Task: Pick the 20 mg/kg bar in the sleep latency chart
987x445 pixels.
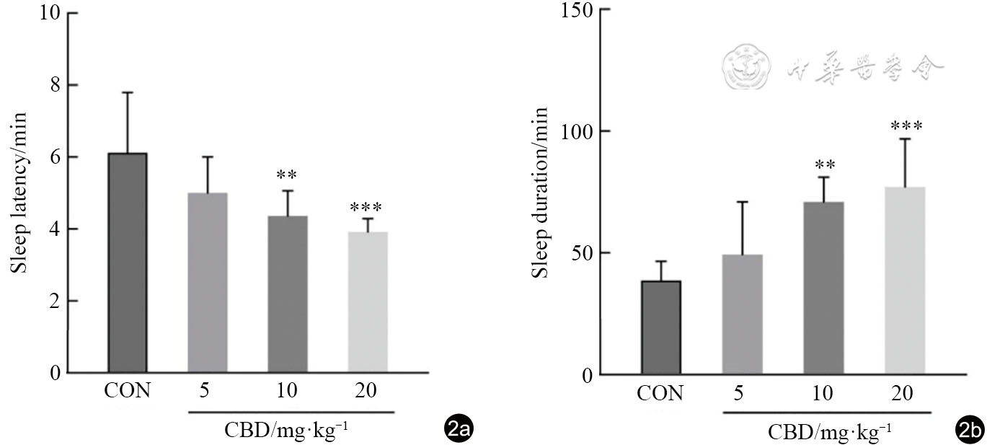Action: pos(368,302)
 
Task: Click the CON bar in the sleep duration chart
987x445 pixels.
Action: pos(660,327)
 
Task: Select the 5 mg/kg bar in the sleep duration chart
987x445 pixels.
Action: pos(742,314)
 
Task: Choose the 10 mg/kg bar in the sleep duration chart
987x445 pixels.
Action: pos(823,288)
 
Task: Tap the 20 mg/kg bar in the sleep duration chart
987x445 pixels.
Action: pos(904,281)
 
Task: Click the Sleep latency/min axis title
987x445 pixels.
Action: pos(19,193)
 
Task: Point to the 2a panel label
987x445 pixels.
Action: pos(459,431)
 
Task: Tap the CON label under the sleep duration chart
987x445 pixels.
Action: pos(660,394)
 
